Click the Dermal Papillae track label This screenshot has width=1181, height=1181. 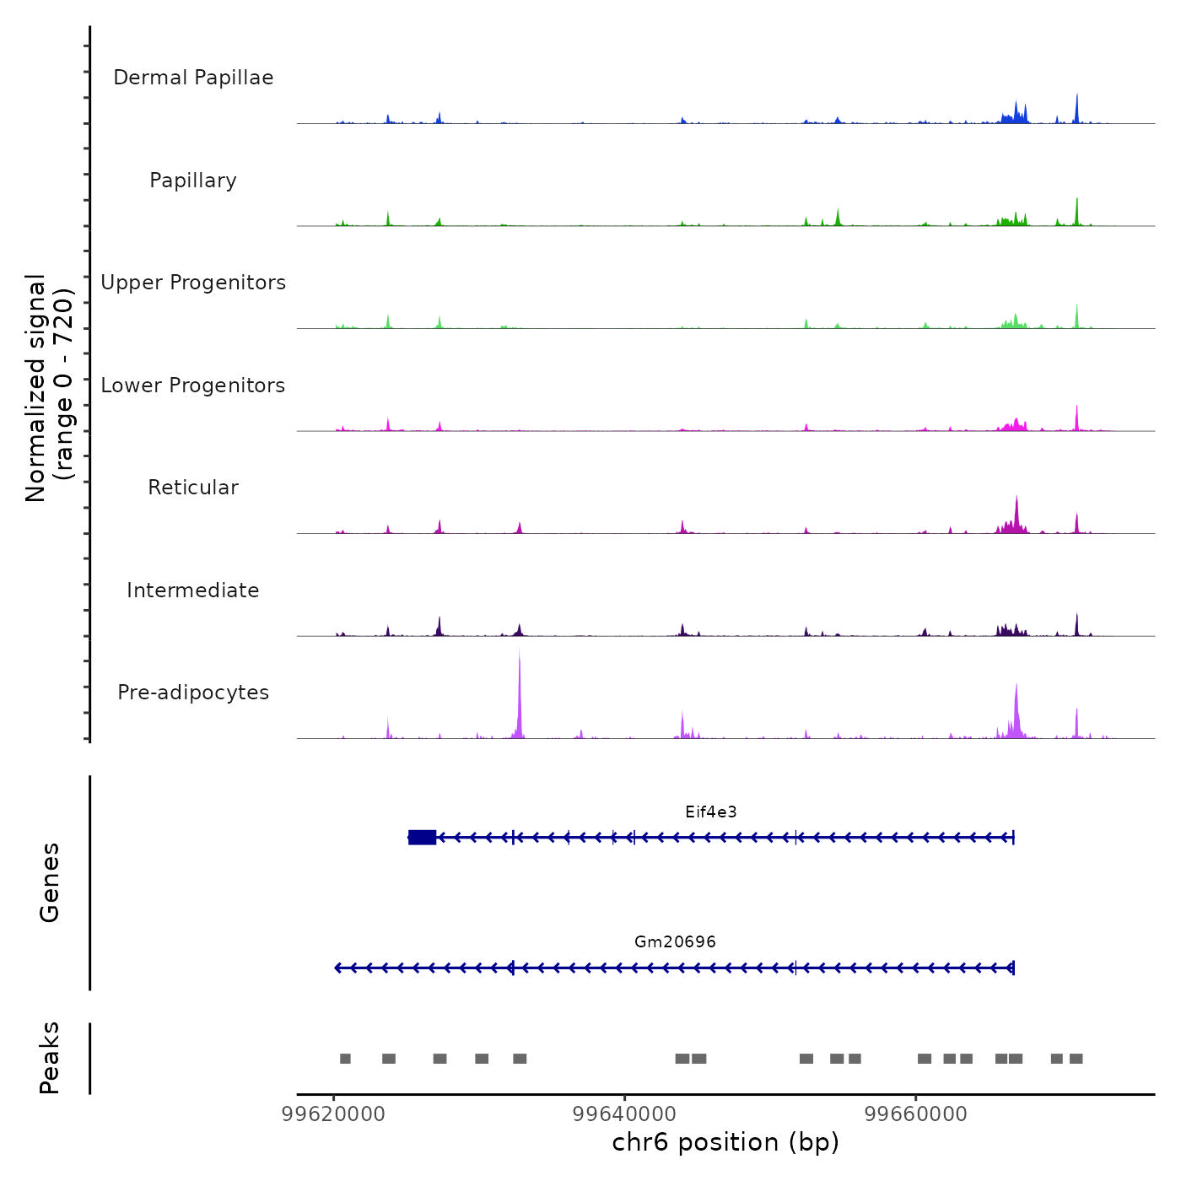193,78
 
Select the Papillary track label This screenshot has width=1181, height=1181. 193,181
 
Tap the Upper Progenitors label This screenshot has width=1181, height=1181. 193,283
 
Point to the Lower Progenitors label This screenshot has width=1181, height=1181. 193,386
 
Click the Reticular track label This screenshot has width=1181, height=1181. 193,488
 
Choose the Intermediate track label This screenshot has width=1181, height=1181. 193,590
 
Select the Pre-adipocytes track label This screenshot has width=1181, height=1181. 193,693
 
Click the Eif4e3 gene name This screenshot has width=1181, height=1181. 711,812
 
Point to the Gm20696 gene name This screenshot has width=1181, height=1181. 675,942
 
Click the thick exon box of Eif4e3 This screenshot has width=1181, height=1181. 422,837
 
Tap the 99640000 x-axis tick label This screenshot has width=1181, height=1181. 625,1114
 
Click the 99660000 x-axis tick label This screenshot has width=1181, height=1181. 916,1114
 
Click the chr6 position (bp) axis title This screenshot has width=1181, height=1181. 725,1142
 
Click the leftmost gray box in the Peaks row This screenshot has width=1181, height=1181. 345,1059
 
